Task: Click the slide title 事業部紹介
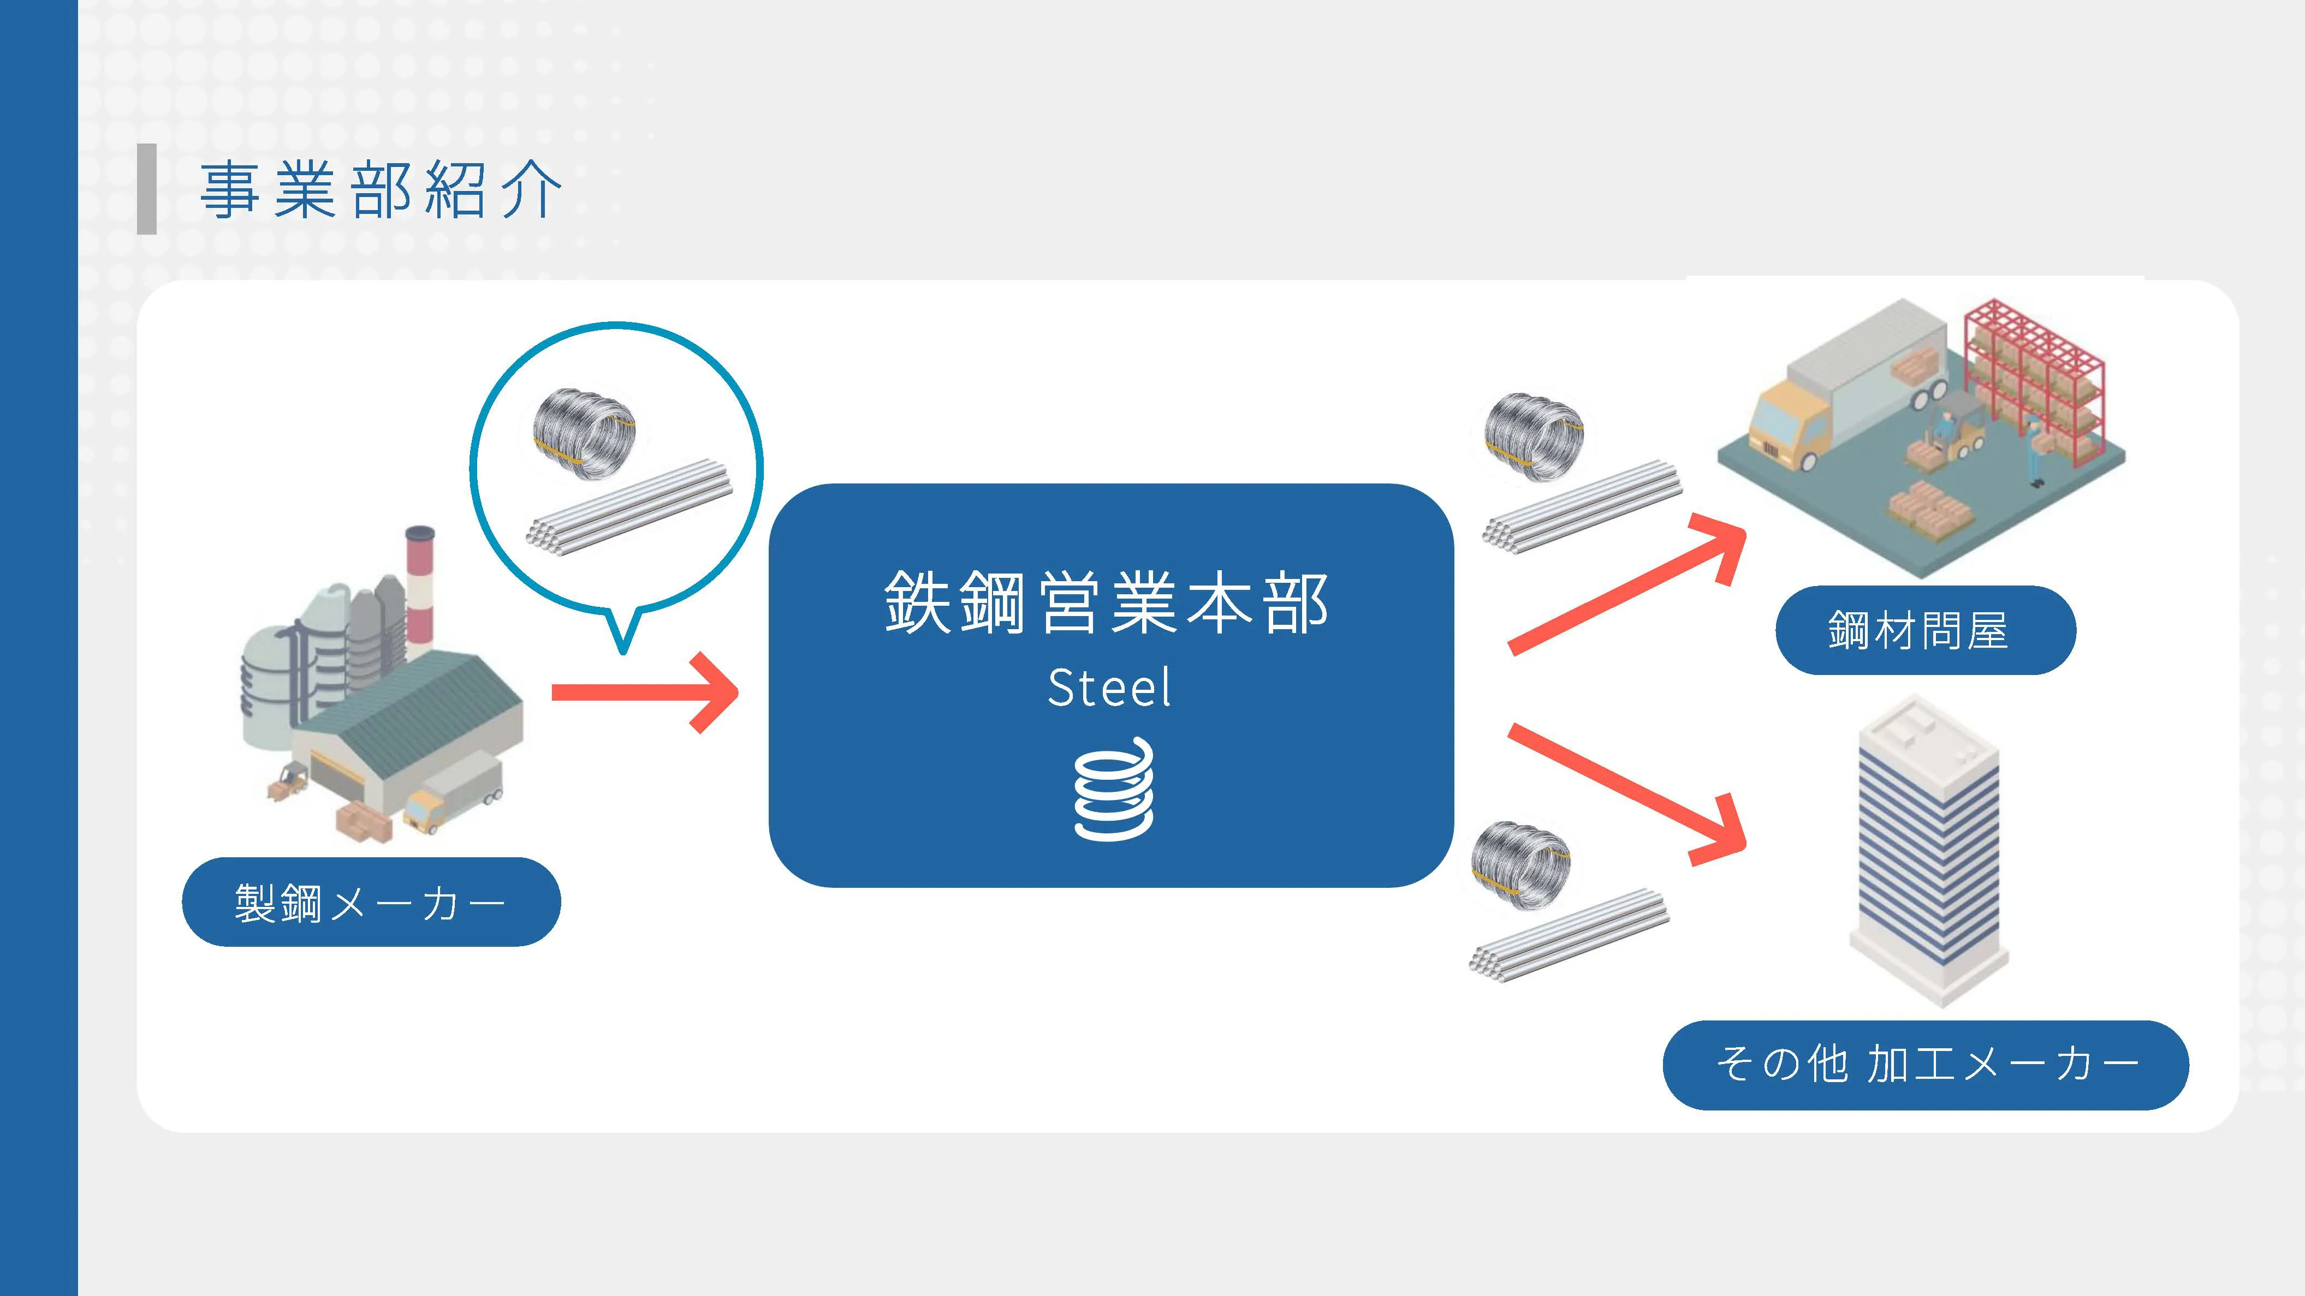point(381,190)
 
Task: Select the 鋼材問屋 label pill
point(1924,631)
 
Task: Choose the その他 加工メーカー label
point(1924,1064)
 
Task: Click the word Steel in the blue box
point(1109,688)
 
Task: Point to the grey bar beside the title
point(147,189)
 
